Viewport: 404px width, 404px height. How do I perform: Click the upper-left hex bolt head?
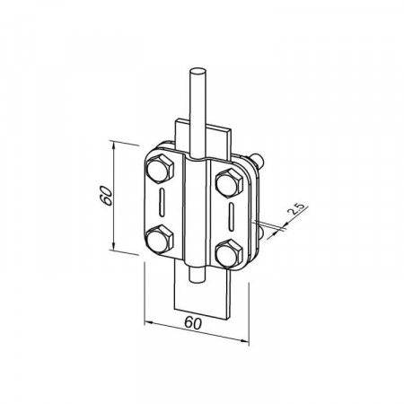160,169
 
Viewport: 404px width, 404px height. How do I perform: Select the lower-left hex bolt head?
160,240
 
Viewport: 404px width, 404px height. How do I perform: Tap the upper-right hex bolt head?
229,183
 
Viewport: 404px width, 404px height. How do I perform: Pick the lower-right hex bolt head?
229,253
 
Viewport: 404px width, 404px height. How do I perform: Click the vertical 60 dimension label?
107,196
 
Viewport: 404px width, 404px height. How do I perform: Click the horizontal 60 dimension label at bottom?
193,323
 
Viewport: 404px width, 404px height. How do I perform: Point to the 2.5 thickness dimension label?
295,208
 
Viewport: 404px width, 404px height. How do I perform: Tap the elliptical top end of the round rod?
198,72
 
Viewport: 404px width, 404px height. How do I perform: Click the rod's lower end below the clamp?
198,275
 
